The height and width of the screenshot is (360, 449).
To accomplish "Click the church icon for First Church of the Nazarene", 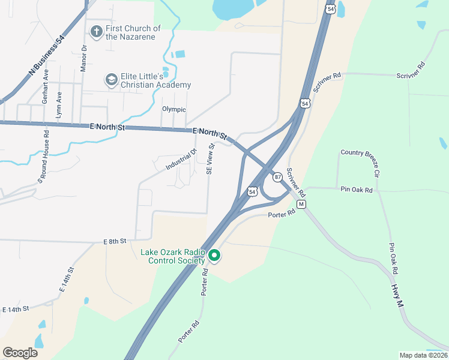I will click(95, 31).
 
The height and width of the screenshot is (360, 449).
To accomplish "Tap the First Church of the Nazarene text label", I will click(133, 32).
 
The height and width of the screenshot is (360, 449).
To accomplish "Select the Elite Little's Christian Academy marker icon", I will click(111, 79).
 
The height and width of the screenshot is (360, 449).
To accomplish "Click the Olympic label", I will click(174, 109).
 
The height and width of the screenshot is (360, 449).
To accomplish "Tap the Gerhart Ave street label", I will click(46, 89).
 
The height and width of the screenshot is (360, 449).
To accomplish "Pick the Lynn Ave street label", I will click(59, 103).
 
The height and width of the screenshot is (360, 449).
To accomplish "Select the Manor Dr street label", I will click(84, 58).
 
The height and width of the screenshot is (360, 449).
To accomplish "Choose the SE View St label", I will click(210, 159).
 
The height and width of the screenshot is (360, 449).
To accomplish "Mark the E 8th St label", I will click(115, 241).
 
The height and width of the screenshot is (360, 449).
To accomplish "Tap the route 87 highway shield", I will click(277, 177).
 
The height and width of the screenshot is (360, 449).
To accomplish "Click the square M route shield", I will click(302, 204).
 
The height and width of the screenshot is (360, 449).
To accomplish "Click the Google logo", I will click(20, 353).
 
